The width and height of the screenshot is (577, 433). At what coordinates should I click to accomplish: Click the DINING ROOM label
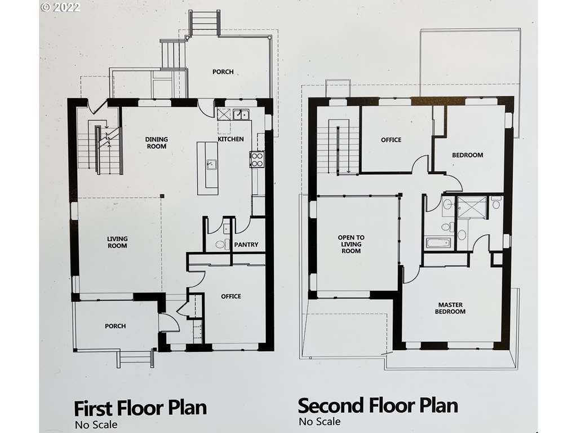pos(157,143)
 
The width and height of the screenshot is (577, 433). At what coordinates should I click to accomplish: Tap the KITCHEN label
pos(230,139)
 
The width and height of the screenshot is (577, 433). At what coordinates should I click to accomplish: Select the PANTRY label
pos(246,245)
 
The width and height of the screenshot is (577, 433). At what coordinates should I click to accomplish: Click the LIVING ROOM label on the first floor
pos(117,242)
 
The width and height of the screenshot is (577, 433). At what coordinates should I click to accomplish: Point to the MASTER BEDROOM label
pos(450,308)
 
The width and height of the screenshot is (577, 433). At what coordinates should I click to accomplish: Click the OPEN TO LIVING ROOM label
pos(351,244)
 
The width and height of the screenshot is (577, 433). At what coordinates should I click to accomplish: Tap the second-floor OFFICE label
pos(391,140)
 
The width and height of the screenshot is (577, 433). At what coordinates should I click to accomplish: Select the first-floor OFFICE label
pos(231,297)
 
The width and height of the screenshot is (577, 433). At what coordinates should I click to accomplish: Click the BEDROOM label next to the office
pos(467,155)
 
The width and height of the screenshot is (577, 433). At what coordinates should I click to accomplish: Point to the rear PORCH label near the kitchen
pos(223,72)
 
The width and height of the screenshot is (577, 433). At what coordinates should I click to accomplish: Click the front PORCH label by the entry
pos(115,326)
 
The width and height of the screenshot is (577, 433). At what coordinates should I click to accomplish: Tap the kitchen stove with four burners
pos(257,159)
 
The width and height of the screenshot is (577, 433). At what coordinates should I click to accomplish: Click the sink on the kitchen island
pos(211,164)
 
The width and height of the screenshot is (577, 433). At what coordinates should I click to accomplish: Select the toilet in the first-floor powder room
pos(220,244)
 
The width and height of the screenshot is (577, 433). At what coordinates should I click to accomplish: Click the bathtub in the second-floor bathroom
pos(438,243)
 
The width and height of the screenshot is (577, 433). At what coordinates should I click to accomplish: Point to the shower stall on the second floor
pos(472,207)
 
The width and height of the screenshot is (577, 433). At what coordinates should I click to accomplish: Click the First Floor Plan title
pos(140,408)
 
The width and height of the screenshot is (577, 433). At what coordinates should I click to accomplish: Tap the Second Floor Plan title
pos(378,406)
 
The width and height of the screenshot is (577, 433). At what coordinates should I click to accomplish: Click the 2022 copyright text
pos(60,7)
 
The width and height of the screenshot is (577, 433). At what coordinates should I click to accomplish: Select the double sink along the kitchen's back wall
pos(241,115)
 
